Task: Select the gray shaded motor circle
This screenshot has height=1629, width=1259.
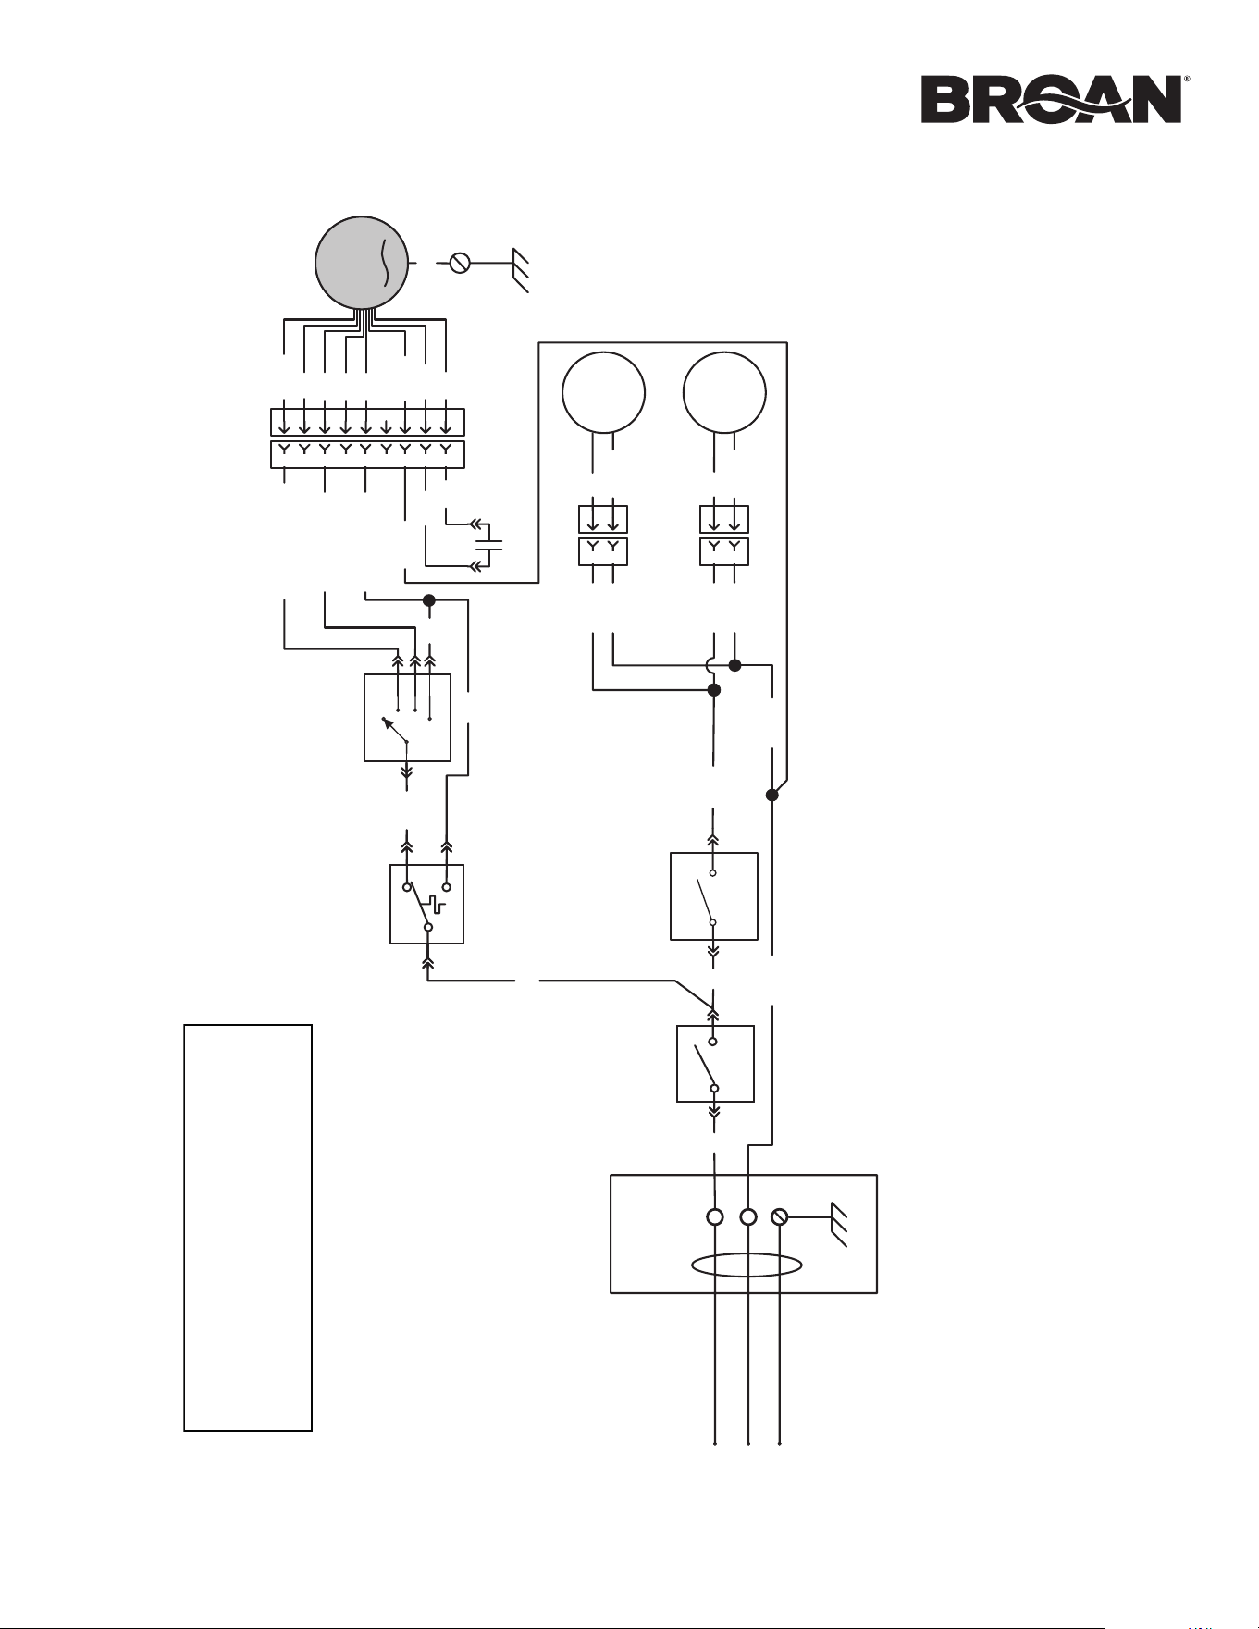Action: coord(363,263)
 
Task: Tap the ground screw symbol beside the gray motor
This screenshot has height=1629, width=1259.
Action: coord(459,264)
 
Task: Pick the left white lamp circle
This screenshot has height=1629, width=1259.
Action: coord(603,392)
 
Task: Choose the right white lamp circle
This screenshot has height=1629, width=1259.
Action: coord(724,392)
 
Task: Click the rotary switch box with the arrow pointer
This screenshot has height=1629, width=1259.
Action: coord(407,718)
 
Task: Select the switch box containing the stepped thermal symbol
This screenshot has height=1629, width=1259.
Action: coord(426,904)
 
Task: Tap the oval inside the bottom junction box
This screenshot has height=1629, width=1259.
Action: coord(746,1265)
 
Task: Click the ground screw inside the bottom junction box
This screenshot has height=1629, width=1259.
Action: coord(779,1217)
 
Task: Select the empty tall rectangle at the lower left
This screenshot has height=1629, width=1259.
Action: coord(248,1228)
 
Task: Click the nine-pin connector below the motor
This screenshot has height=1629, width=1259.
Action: coord(367,438)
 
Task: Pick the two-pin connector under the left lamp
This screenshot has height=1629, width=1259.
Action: coord(602,535)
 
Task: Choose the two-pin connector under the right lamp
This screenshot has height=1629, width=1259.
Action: coord(723,535)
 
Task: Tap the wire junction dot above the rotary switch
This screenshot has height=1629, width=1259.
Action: coord(429,600)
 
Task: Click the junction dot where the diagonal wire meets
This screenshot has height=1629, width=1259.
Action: coord(772,795)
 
